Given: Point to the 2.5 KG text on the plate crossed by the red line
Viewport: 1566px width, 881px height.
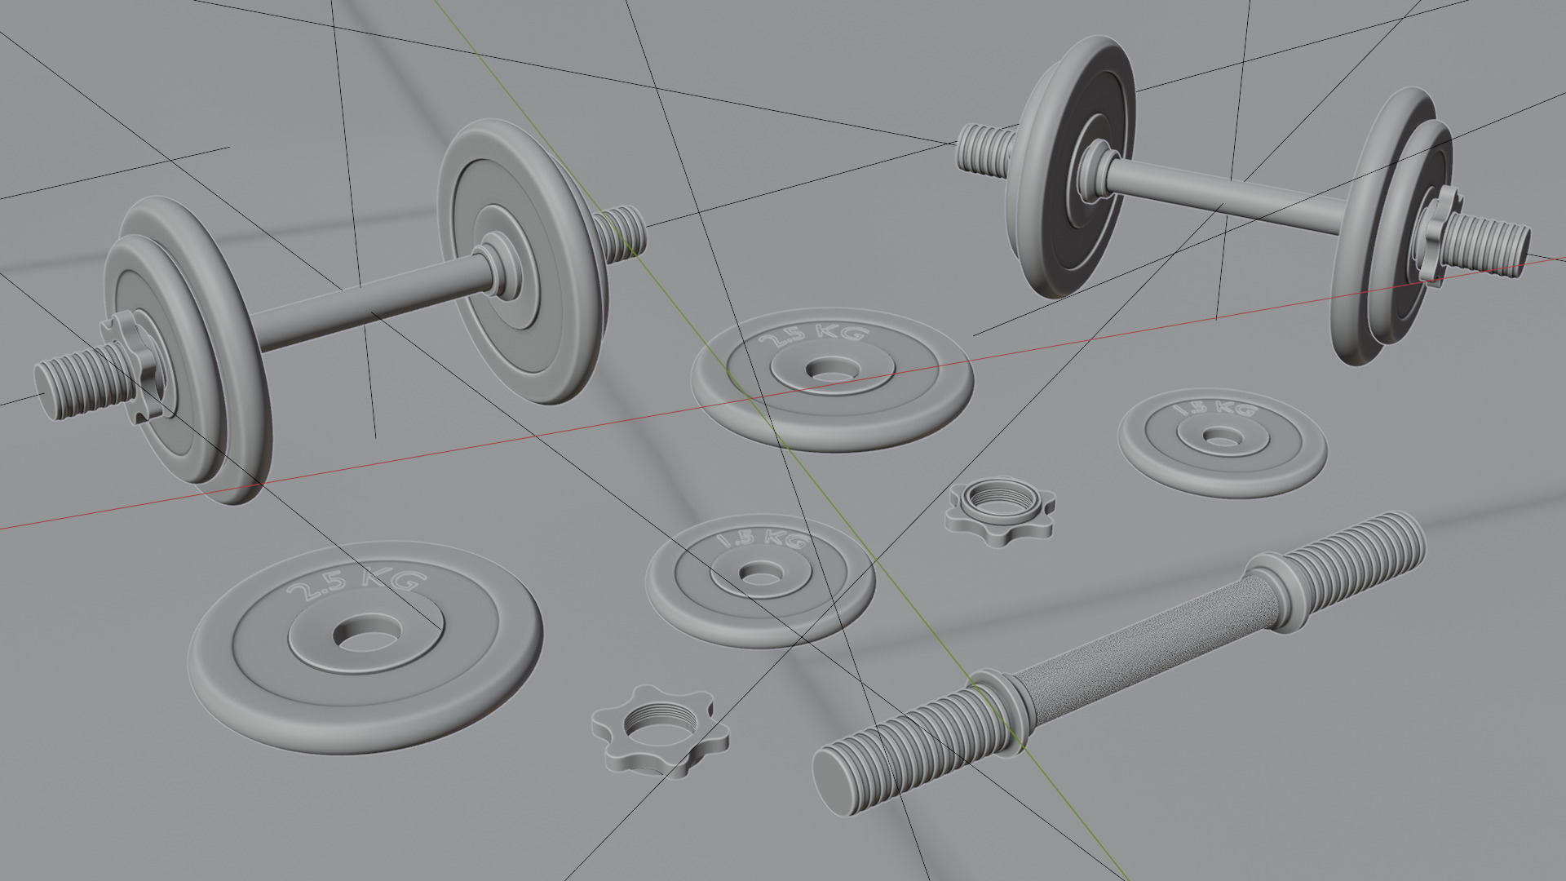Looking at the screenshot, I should tap(812, 335).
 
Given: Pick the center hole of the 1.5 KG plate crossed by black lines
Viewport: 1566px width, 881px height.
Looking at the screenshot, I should tap(759, 573).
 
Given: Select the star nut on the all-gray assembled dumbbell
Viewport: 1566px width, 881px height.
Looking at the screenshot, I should tap(135, 366).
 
